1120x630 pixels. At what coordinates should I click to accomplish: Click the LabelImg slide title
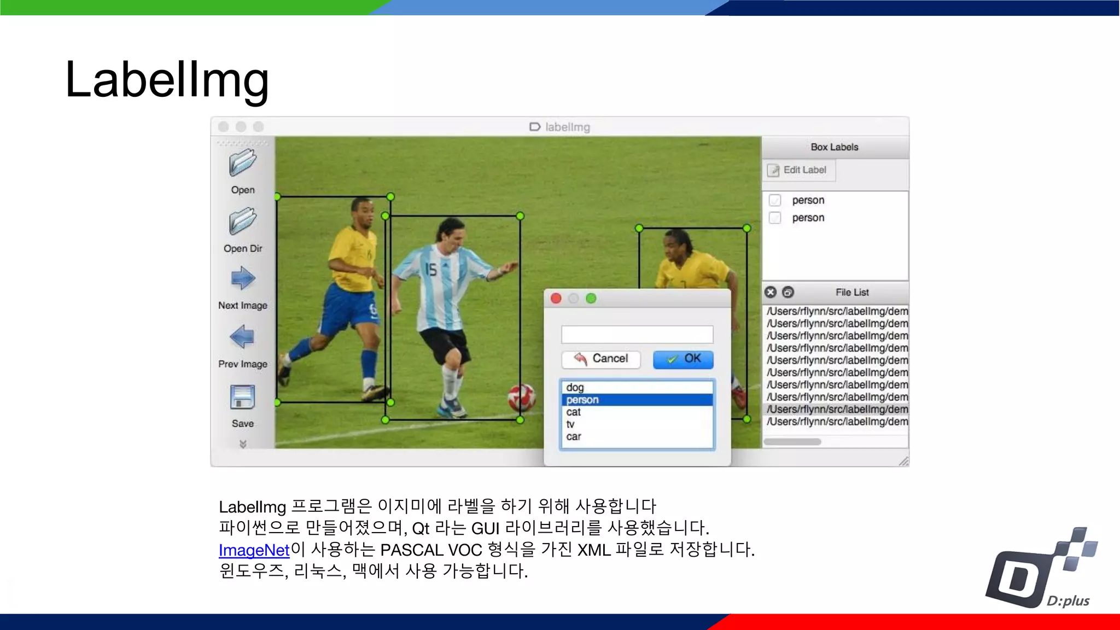click(x=167, y=80)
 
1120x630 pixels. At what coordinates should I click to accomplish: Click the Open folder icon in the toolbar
click(x=243, y=164)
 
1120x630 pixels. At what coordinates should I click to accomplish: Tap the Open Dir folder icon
click(x=243, y=221)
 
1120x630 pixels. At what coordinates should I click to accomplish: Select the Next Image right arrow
click(x=243, y=278)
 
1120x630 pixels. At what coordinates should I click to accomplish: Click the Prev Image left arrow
click(x=242, y=337)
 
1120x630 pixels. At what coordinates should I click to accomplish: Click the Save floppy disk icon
click(x=243, y=398)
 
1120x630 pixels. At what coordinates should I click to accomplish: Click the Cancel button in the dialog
click(x=601, y=359)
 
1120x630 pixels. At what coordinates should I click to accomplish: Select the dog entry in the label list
click(x=575, y=388)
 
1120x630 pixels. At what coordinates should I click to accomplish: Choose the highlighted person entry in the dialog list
click(x=583, y=400)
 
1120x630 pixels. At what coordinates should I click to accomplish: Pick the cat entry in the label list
click(x=574, y=412)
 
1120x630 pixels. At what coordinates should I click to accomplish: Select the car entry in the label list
click(x=574, y=436)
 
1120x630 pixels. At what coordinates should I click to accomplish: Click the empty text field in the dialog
click(x=637, y=334)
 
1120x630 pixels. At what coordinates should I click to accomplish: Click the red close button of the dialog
click(x=556, y=299)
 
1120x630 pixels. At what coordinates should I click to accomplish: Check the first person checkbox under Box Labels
click(x=775, y=200)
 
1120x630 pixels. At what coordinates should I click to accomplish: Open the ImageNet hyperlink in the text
click(x=254, y=550)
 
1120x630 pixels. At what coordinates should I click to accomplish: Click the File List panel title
click(x=852, y=293)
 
